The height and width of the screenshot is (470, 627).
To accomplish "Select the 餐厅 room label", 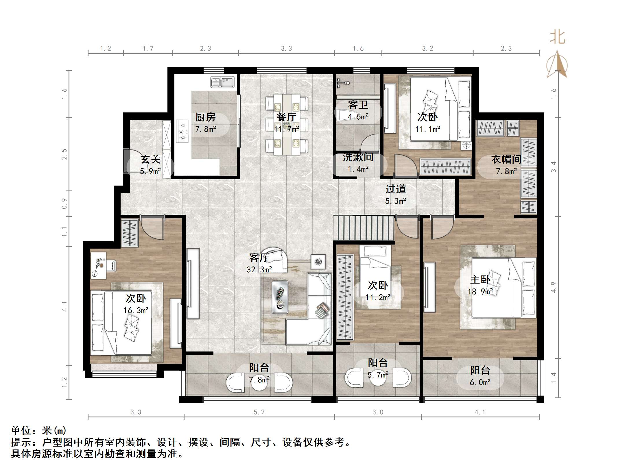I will click(286, 117).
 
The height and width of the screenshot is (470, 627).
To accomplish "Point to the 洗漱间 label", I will click(358, 157).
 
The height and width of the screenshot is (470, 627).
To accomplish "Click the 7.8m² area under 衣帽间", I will click(506, 171).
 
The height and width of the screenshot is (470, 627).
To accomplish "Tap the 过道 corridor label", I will click(395, 189).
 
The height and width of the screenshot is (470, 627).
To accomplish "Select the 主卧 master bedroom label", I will click(480, 280).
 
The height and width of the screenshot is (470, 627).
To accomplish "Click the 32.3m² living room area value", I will click(259, 270).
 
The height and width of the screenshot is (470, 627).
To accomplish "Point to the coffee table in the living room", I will click(280, 297).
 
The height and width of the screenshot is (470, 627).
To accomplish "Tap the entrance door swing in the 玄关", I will click(134, 164).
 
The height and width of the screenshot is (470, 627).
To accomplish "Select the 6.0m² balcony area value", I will click(480, 382).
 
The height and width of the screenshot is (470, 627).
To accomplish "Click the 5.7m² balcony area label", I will click(378, 375).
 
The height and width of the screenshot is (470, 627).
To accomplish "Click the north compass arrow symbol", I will click(557, 64).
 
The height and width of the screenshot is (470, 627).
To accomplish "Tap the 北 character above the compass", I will click(557, 38).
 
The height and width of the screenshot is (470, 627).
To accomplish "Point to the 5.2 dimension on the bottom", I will click(259, 412).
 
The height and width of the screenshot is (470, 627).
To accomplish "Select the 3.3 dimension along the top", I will click(286, 49).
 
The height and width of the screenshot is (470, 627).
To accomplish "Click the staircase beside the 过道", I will click(364, 228).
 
